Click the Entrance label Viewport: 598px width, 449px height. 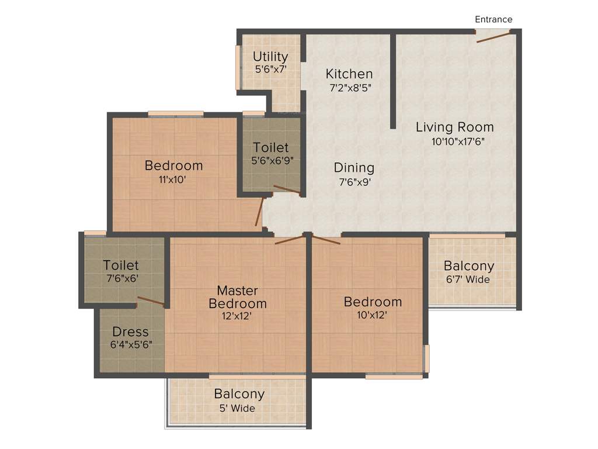point(493,19)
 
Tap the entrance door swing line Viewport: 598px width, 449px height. point(493,37)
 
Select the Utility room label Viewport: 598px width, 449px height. point(270,57)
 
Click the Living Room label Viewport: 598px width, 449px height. point(454,127)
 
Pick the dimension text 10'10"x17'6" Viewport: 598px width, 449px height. point(458,141)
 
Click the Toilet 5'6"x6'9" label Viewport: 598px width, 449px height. point(270,148)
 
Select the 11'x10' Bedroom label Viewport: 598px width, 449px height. point(173,165)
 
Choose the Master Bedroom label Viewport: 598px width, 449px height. point(238,297)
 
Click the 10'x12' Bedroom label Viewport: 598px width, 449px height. point(373,302)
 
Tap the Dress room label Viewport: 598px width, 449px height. point(130,332)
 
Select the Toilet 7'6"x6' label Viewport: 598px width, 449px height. point(121,265)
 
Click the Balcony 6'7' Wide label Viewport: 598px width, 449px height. point(468,266)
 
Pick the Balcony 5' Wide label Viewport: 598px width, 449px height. point(239,394)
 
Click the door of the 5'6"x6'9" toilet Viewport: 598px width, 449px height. point(286,189)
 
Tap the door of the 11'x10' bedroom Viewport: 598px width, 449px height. point(259,212)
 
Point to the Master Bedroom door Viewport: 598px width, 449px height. point(289,239)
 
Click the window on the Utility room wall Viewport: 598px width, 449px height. point(238,67)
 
